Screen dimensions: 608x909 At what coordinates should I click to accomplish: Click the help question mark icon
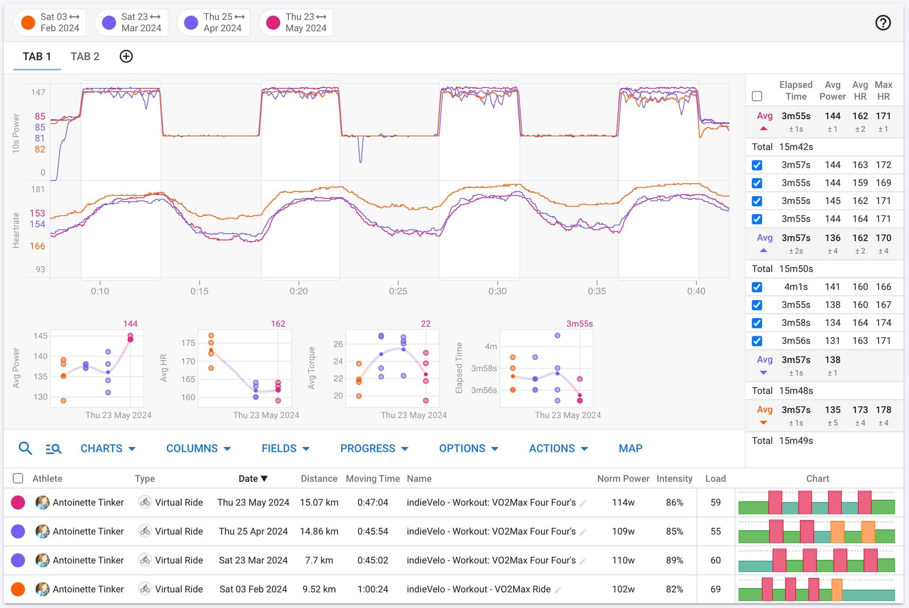(882, 23)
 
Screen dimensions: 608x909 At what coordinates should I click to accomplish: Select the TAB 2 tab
(85, 57)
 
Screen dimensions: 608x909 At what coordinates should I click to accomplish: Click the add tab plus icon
(126, 57)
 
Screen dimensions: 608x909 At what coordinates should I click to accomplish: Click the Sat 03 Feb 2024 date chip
(50, 23)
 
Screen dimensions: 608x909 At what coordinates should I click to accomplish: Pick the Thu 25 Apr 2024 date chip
(214, 23)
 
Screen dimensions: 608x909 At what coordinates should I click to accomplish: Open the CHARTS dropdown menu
(107, 448)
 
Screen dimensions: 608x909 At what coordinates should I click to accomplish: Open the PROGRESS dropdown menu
(374, 448)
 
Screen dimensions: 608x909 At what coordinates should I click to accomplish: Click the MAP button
(630, 448)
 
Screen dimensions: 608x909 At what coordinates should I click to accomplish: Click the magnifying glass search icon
(25, 448)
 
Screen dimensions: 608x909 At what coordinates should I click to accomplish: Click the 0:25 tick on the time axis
(398, 291)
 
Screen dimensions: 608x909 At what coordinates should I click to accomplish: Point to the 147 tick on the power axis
(38, 92)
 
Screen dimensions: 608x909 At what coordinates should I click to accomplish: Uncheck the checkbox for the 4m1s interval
(757, 287)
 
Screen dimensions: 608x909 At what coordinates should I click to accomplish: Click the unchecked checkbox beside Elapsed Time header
(757, 96)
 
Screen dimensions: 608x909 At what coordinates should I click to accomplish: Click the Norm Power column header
(623, 479)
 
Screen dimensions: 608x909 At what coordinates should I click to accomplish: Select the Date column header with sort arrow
(253, 479)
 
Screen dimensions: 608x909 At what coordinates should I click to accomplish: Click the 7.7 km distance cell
(319, 560)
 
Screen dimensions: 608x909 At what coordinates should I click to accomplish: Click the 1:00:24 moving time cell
(373, 589)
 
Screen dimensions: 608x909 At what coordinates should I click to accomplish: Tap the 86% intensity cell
(674, 502)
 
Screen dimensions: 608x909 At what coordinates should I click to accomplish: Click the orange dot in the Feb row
(18, 589)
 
